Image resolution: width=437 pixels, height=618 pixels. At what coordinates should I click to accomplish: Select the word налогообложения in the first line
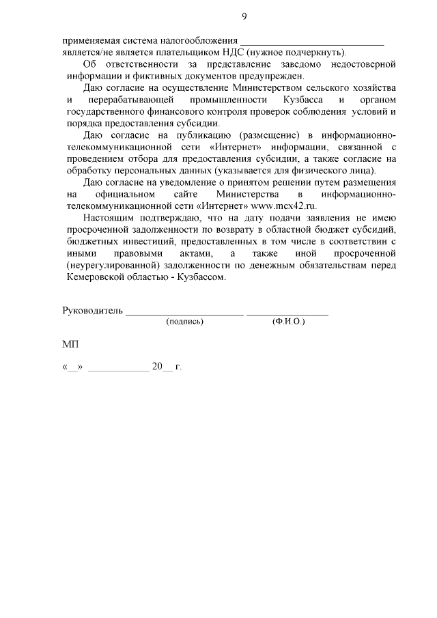click(204, 40)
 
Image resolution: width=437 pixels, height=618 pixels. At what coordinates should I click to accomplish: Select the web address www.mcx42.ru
click(285, 205)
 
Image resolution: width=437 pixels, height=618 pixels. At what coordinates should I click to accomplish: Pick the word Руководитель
click(92, 311)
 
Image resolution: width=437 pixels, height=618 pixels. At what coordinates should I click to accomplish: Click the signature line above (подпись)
click(184, 315)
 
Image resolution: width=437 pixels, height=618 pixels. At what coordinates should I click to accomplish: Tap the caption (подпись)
click(185, 321)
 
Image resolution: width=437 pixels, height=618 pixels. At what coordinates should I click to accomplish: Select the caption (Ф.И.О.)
click(287, 321)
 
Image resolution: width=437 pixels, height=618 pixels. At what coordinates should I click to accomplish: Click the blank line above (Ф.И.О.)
click(287, 315)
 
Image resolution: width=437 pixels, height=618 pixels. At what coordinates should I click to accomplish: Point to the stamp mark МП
click(70, 345)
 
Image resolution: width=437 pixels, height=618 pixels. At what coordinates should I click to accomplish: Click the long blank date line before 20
click(118, 370)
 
